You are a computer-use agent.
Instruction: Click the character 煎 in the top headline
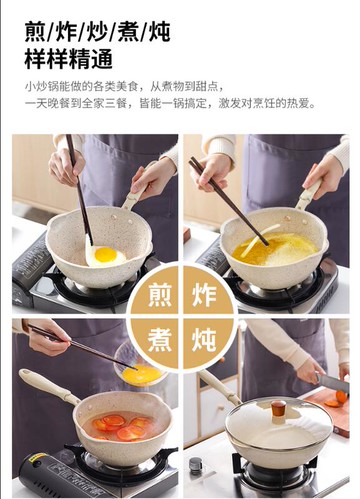pos(37,31)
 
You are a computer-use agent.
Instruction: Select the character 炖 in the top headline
pos(158,31)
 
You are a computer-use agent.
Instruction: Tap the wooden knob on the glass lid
pos(277,408)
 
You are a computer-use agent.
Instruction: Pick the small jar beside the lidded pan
pos(195,466)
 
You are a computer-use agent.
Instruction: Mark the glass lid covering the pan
pos(278,425)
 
